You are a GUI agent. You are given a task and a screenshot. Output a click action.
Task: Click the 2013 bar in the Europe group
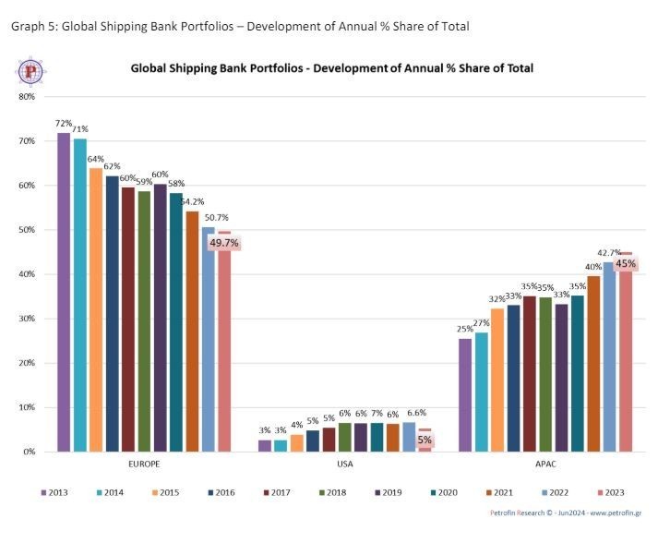coord(64,292)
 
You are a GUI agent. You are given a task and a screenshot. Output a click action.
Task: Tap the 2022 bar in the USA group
coord(409,437)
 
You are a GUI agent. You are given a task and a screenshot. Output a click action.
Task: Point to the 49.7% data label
coord(224,244)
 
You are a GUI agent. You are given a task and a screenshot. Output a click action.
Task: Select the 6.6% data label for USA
coord(417,413)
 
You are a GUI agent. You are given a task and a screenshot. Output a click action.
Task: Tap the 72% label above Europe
coord(64,123)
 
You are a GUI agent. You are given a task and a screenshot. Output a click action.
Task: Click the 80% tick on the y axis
coord(27,97)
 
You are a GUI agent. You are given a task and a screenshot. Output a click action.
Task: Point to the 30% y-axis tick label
coord(27,319)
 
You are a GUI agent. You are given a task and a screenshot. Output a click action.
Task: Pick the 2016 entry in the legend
coord(221,492)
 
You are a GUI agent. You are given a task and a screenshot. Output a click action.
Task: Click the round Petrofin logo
coord(31,71)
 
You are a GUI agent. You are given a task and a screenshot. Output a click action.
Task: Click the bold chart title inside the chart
coord(331,68)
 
